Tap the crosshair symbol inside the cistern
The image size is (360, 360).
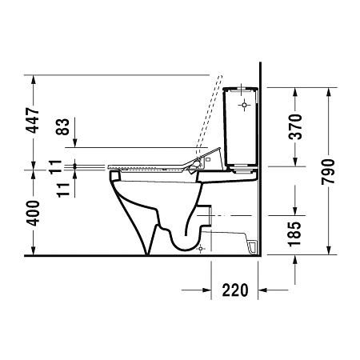click(x=244, y=105)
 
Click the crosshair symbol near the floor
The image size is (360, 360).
click(x=201, y=250)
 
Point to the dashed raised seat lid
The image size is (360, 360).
click(x=210, y=112)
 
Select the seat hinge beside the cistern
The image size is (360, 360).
click(x=196, y=163)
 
